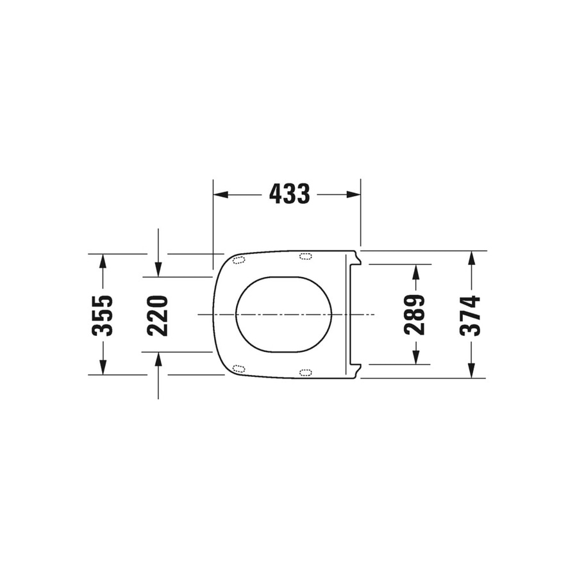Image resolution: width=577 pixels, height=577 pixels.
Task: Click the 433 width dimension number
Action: (x=289, y=194)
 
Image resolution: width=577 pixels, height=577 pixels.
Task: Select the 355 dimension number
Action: (x=103, y=315)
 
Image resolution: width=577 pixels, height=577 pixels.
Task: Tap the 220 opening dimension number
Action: (x=158, y=315)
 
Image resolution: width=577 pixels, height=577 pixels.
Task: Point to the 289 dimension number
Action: (x=415, y=315)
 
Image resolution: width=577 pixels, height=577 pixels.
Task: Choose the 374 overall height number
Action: (x=471, y=315)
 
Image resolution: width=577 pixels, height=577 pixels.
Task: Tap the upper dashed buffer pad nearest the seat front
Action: (x=240, y=260)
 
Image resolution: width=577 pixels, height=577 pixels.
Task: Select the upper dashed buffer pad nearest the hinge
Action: (x=306, y=256)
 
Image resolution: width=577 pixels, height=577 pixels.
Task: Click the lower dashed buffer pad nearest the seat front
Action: (x=238, y=369)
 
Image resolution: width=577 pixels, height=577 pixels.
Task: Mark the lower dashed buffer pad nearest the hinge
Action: (x=306, y=372)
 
